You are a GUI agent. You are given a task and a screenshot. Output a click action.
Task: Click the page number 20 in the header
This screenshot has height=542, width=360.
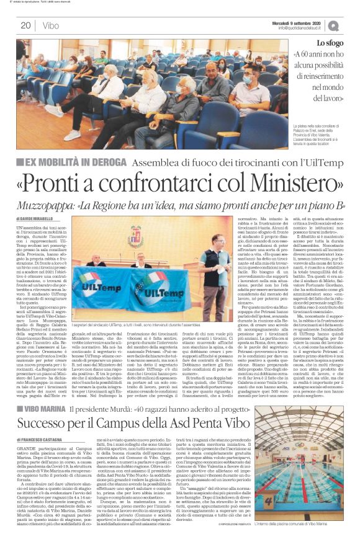point(26,25)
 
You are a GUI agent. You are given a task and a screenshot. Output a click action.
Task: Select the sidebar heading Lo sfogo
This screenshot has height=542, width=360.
point(329,43)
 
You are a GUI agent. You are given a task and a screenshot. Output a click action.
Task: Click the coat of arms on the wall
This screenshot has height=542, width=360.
point(152,237)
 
